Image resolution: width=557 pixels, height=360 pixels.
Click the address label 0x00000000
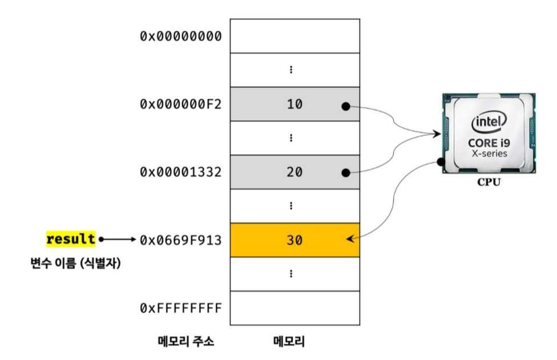coord(180,36)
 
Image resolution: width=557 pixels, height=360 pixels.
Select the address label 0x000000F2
coord(180,104)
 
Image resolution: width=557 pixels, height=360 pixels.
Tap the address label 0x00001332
coord(180,172)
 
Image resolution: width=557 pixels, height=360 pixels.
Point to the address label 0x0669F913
coord(180,240)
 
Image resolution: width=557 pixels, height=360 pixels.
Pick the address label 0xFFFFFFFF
coord(180,308)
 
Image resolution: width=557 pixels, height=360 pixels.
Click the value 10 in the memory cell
coord(294,104)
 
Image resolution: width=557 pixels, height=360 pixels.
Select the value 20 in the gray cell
coord(294,172)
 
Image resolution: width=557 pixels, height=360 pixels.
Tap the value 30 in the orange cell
coord(294,240)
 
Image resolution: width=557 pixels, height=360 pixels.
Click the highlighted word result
coord(71,238)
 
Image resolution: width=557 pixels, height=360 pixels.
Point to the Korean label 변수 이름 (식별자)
coord(75,264)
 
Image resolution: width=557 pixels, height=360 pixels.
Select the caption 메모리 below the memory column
coord(289,342)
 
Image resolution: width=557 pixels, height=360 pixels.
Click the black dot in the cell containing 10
coord(345,106)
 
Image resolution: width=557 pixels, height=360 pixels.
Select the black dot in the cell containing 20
coord(345,172)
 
